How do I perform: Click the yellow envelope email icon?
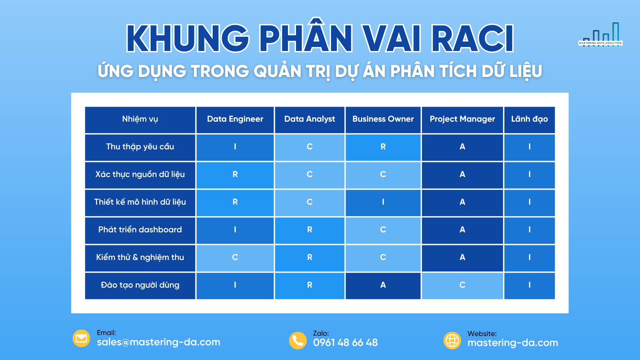tap(81, 339)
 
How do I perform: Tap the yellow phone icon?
tap(298, 341)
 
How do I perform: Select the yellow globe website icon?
tap(452, 341)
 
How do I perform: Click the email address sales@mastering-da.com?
tap(159, 342)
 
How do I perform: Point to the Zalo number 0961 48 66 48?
tap(345, 343)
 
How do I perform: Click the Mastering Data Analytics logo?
tap(600, 35)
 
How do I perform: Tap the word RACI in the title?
tap(472, 38)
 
